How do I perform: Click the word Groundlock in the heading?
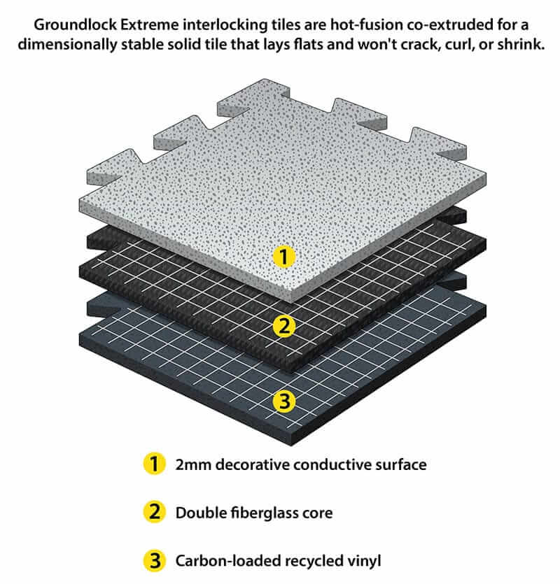(76, 25)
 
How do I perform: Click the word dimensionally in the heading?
(67, 44)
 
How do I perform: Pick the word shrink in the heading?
(521, 44)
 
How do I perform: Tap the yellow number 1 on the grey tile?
(283, 257)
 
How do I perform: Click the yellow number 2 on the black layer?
(283, 326)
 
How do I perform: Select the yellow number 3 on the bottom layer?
(283, 401)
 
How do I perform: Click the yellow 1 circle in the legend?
(154, 464)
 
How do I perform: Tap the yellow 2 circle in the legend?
(154, 512)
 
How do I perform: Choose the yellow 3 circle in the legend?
(154, 560)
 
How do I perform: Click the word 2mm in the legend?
(193, 464)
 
